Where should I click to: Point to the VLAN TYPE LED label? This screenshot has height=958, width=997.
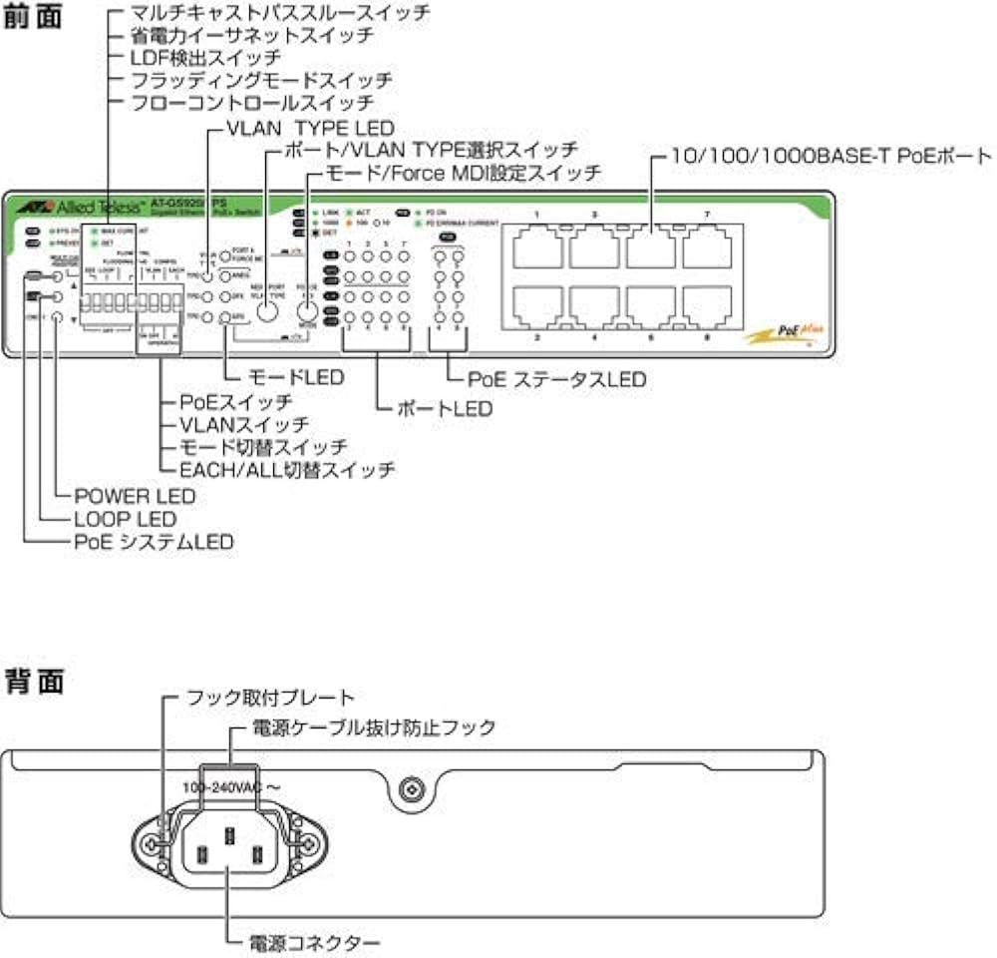(x=311, y=128)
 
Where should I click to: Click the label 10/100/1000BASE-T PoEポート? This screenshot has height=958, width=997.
(x=830, y=157)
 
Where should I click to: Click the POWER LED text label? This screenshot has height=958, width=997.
(x=135, y=496)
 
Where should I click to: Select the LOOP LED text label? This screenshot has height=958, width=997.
(x=125, y=519)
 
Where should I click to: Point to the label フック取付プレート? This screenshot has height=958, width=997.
(x=270, y=697)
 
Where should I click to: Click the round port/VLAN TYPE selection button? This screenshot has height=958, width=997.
(x=266, y=310)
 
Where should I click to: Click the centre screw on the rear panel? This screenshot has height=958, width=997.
(x=409, y=790)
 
